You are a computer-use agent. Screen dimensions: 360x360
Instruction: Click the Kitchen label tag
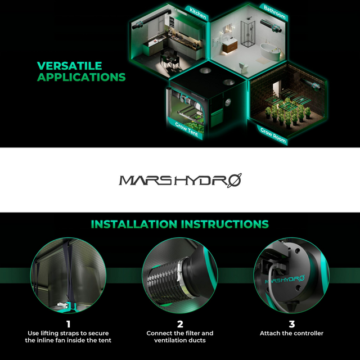coord(197,13)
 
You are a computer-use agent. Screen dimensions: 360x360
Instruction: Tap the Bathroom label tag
coord(274,12)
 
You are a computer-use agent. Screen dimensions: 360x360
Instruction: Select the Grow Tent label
coord(186,129)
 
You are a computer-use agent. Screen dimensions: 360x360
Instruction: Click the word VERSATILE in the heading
coord(69,66)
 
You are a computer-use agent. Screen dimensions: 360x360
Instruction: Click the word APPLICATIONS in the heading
coord(81,77)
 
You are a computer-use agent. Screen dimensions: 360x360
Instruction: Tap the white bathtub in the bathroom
coord(270,51)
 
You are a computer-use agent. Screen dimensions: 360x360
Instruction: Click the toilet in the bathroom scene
coord(244,67)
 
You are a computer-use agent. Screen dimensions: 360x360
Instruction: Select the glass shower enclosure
coord(248,34)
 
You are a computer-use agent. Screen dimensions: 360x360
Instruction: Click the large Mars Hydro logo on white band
coord(180,181)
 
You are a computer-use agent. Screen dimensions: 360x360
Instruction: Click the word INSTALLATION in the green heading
coord(134,224)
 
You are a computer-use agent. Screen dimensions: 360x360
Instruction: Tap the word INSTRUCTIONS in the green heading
coord(225,224)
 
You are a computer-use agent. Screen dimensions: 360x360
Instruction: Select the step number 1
coord(68,325)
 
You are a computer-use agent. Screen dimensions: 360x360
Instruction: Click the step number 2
coord(180,325)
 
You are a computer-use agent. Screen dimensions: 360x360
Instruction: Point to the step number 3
coord(291,325)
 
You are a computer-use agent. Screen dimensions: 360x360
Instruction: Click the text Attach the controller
coord(291,334)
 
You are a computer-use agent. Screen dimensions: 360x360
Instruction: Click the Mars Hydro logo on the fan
coord(285,280)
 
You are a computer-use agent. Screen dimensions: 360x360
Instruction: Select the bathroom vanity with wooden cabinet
coord(230,45)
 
